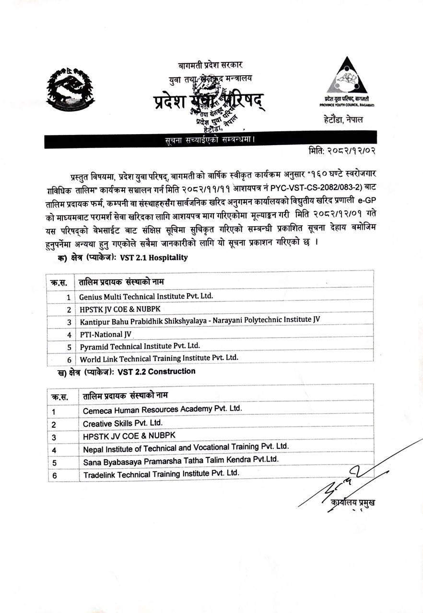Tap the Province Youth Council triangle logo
coord(346,77)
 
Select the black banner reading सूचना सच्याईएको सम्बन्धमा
coord(210,141)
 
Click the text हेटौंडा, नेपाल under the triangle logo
coord(343,119)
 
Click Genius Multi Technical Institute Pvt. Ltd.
coord(146,296)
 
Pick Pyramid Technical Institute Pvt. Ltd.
coord(140,346)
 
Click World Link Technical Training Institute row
coord(159,358)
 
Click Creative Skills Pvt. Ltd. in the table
coord(122,423)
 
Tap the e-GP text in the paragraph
coord(364,209)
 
